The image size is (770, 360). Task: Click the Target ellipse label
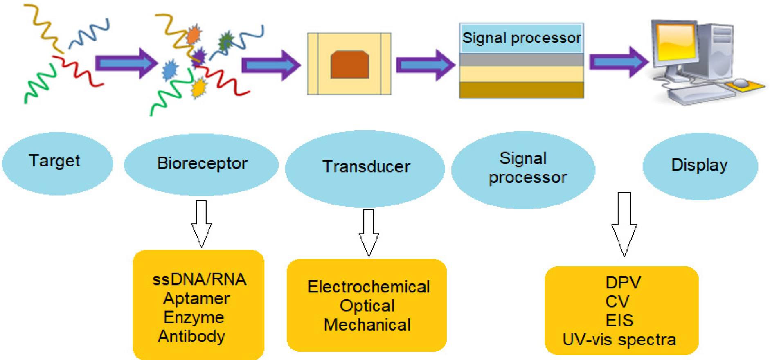click(x=55, y=161)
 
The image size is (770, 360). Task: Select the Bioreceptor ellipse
click(x=202, y=164)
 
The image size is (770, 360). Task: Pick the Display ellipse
click(x=700, y=165)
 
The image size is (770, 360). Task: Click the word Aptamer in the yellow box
click(x=196, y=299)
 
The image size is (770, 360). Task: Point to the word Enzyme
click(x=194, y=317)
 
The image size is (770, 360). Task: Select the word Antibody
click(x=191, y=336)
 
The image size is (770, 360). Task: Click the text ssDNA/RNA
click(x=199, y=280)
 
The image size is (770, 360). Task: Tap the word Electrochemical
click(x=369, y=287)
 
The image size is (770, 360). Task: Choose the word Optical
click(x=367, y=306)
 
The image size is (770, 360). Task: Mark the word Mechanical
click(x=367, y=325)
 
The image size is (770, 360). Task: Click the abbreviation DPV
click(x=623, y=283)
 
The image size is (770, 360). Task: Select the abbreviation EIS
click(x=619, y=320)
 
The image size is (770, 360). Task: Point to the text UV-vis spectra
click(x=619, y=340)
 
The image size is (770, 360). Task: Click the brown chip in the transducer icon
click(x=350, y=64)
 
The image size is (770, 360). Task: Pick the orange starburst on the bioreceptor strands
click(x=194, y=35)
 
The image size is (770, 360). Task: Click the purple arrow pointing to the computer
click(x=618, y=62)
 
